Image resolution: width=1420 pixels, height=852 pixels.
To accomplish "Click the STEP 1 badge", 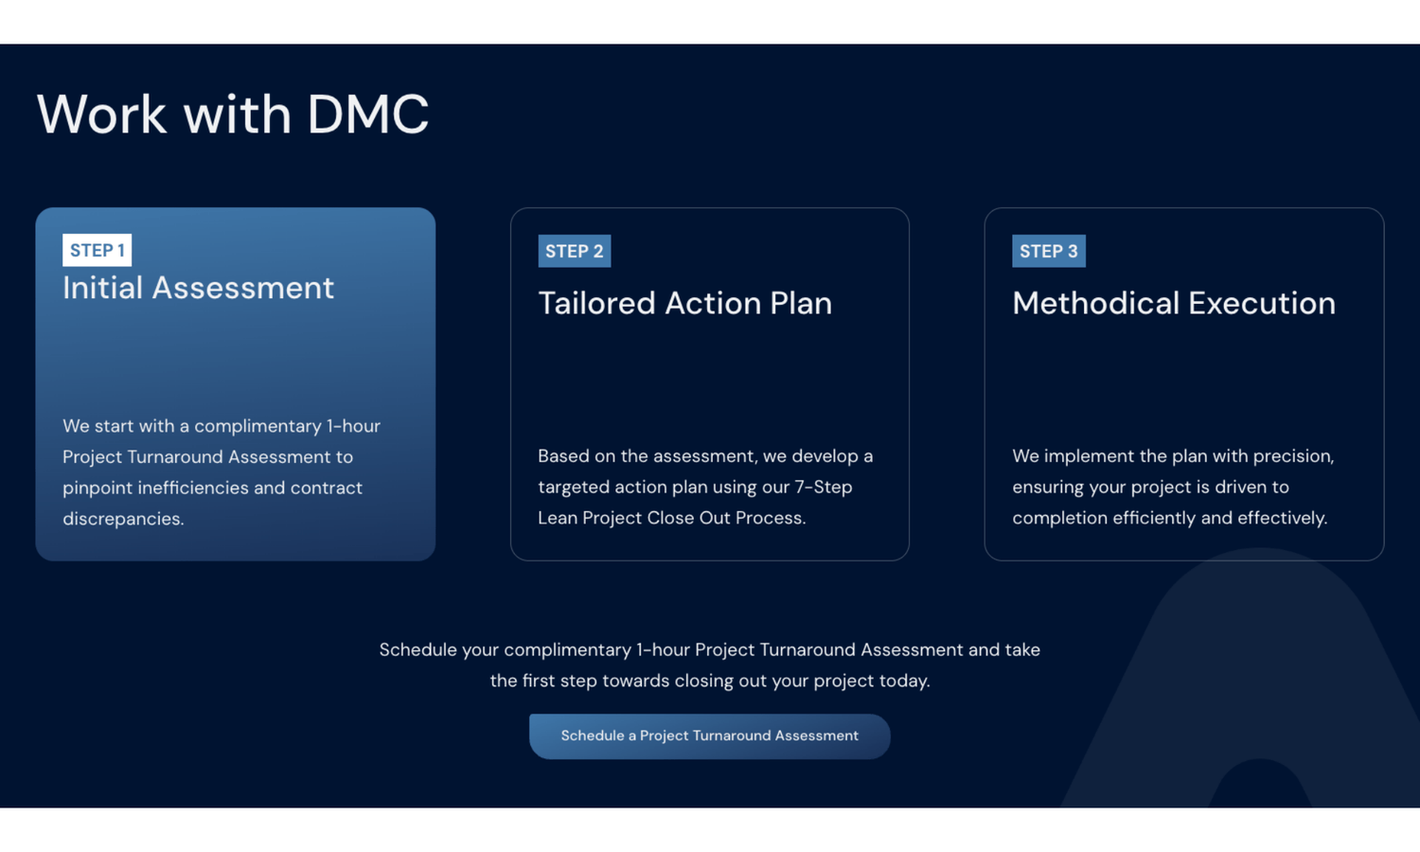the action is [x=97, y=250].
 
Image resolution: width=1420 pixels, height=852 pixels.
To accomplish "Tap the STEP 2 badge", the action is [x=575, y=251].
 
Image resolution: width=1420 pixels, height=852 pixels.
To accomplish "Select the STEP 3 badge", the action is [x=1049, y=251].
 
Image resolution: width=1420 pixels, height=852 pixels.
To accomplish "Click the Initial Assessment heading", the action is [x=198, y=288].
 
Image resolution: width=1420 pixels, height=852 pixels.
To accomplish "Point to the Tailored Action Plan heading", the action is [x=684, y=303].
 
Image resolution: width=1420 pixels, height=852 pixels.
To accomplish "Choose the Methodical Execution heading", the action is [x=1174, y=303].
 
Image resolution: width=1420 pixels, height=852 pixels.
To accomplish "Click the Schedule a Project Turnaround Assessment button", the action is [x=709, y=736].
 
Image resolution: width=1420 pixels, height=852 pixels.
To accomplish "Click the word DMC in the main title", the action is [x=367, y=115].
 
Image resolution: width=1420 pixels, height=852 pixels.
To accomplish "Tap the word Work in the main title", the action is [x=101, y=115].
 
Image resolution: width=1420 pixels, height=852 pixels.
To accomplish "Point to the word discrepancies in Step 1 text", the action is [x=123, y=519].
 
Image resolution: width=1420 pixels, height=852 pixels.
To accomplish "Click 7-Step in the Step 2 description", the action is [x=824, y=488].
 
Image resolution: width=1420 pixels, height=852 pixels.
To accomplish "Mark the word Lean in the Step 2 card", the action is [x=558, y=519].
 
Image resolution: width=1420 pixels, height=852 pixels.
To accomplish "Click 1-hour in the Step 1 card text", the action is [x=353, y=426].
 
